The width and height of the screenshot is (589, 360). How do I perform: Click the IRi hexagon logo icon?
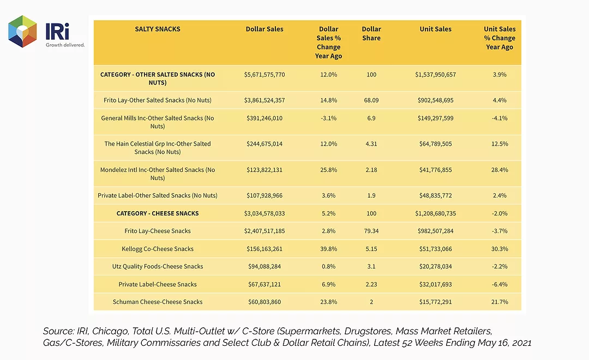click(x=22, y=31)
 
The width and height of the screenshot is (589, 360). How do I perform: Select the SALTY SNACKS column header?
click(x=158, y=29)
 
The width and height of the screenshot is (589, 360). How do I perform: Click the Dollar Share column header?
click(x=371, y=33)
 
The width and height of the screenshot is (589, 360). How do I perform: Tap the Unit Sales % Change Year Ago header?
click(x=499, y=38)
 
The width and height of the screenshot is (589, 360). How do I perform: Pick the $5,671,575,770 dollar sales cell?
click(x=265, y=74)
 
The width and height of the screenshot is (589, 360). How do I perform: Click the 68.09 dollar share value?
click(x=371, y=100)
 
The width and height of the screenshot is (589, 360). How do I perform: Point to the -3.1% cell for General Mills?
click(x=328, y=118)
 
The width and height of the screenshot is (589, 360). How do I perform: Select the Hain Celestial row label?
click(x=158, y=148)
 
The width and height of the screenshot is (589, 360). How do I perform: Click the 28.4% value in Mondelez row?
click(x=499, y=170)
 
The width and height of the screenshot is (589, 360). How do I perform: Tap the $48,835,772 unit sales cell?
click(x=435, y=195)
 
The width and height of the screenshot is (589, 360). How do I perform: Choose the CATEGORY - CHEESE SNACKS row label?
click(x=158, y=213)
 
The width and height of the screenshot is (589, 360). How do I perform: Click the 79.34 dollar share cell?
click(x=371, y=231)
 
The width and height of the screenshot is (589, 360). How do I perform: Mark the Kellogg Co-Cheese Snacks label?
click(x=158, y=249)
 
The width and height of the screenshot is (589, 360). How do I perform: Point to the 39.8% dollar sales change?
click(x=328, y=249)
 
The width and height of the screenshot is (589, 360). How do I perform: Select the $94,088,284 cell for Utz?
click(x=265, y=266)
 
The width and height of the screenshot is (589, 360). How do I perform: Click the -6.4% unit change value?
click(x=499, y=285)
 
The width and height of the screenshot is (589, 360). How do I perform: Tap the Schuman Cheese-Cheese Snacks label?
click(x=158, y=302)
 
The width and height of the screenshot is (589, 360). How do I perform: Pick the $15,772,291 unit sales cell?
click(x=435, y=302)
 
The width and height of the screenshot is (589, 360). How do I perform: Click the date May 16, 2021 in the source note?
click(x=504, y=343)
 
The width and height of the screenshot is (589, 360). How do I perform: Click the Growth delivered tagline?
click(x=65, y=45)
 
